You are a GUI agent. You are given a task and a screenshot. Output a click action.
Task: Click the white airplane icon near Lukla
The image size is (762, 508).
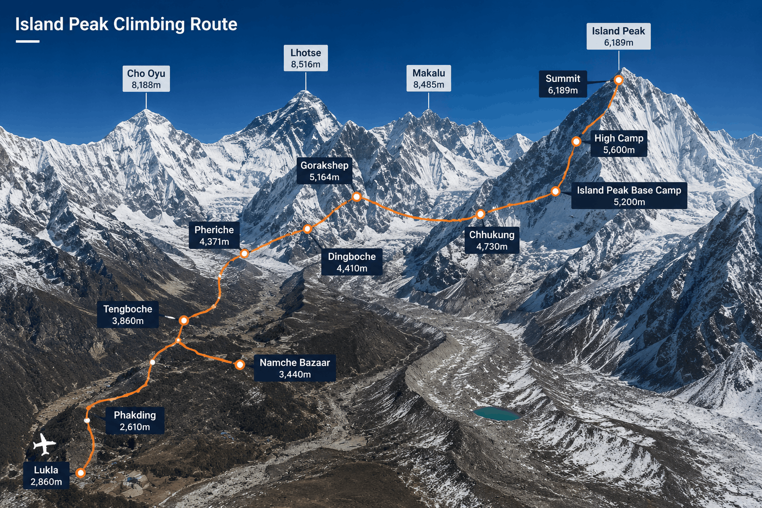tap(44, 444)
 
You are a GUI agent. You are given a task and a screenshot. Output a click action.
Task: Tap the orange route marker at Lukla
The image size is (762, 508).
tap(81, 473)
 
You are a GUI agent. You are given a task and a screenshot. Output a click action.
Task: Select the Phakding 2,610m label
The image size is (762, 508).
tap(135, 421)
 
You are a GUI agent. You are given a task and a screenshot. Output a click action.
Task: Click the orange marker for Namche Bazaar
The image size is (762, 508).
tap(240, 365)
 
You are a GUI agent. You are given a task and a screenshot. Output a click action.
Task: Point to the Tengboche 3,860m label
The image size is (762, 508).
tap(128, 315)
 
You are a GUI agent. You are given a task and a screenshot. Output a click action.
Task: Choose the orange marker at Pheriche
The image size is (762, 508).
tap(244, 254)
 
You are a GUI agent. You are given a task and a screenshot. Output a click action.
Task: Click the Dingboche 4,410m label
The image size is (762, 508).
tap(352, 262)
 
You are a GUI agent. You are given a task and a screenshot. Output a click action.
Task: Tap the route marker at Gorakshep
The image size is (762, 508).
tap(357, 196)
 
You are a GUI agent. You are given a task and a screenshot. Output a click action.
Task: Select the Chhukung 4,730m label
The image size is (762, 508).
tap(492, 240)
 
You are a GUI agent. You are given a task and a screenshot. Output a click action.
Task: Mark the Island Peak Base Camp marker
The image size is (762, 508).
tap(555, 191)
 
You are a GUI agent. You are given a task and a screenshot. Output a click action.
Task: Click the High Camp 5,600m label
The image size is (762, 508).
tap(619, 143)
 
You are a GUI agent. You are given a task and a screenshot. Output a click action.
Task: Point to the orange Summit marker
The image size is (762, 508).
tap(619, 80)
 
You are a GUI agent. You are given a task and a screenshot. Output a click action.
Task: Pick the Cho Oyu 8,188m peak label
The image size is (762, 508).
tap(146, 78)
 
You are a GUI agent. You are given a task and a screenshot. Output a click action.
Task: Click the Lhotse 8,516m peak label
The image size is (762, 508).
tap(306, 58)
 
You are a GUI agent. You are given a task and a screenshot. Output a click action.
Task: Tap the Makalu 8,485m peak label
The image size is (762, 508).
tap(429, 78)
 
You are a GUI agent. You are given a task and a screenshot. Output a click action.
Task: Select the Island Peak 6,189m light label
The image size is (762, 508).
tap(619, 36)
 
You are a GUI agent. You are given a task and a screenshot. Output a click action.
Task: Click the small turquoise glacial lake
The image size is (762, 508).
tap(497, 413)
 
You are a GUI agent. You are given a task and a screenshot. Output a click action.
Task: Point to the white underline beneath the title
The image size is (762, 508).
tap(28, 41)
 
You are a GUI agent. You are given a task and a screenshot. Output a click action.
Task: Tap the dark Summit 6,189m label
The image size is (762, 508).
tap(563, 84)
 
